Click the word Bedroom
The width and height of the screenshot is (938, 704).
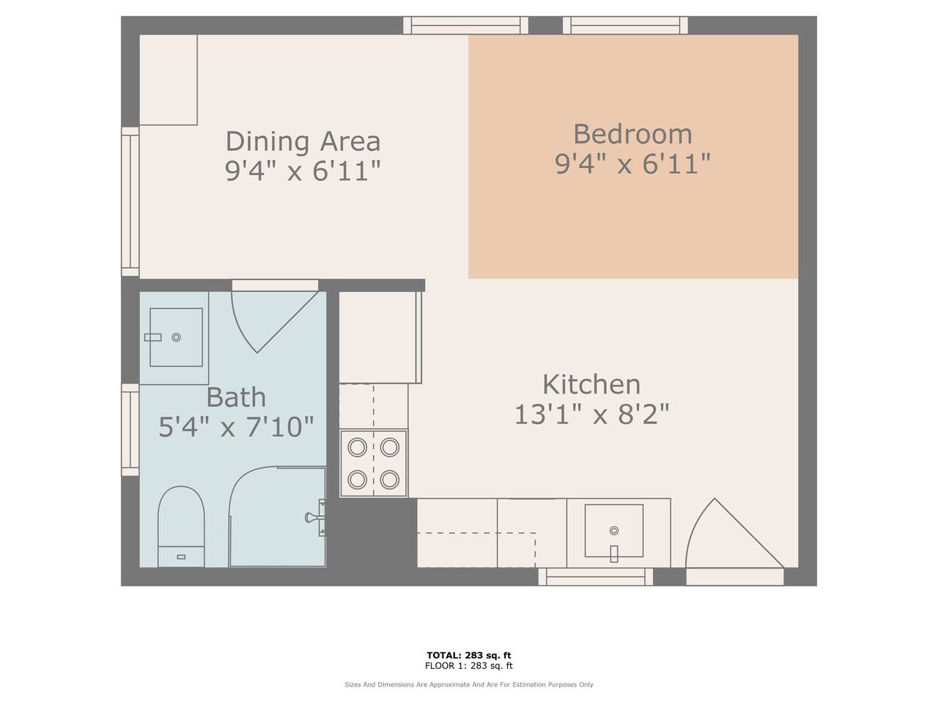coord(632,134)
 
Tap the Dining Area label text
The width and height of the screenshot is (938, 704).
coord(303,142)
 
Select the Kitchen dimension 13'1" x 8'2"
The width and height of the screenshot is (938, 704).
coord(591,414)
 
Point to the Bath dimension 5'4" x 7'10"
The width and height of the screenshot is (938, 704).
coord(236,427)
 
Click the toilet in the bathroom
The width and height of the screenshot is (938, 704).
coord(181,527)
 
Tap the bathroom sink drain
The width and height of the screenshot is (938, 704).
coord(176,337)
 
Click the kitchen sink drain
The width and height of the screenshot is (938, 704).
coord(613,530)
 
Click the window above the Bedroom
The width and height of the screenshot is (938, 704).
coord(625,25)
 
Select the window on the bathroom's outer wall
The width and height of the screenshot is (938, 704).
coord(130,430)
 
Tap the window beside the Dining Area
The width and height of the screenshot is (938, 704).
coord(130,202)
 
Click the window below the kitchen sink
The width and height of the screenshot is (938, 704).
coord(596,576)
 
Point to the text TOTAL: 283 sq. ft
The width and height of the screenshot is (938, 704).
coord(469,656)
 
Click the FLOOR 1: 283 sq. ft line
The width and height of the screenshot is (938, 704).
coord(469,666)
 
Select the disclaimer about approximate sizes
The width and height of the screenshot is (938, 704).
coord(469,684)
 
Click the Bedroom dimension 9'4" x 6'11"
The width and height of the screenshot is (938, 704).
coord(632,164)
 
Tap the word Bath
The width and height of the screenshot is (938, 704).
coord(236,397)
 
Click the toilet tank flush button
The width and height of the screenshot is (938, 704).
coord(181,557)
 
